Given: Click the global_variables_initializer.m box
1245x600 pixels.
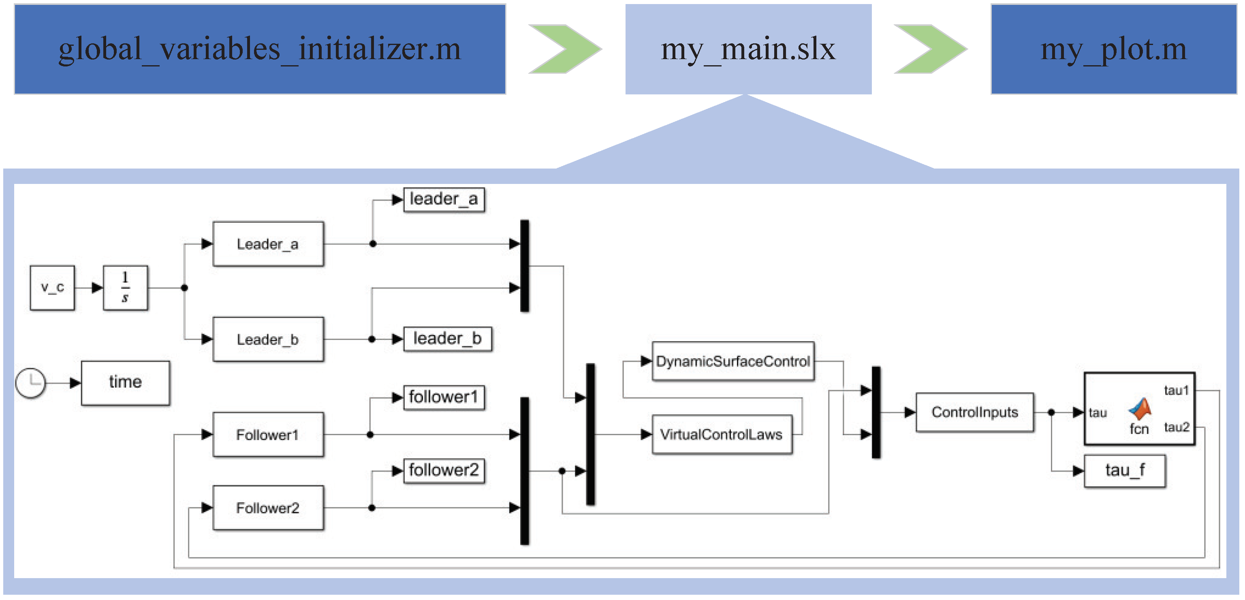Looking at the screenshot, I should tap(260, 49).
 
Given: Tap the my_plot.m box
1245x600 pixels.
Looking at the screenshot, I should tap(1113, 49).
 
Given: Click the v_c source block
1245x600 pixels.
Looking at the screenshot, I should tap(52, 288).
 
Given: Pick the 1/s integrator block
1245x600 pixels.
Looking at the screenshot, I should tap(125, 288).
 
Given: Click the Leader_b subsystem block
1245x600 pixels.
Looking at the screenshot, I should tap(268, 340).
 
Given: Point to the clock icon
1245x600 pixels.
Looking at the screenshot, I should tap(30, 383).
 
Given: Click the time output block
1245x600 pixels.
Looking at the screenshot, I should tap(125, 383).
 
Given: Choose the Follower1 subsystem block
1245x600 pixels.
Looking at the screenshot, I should tap(268, 435).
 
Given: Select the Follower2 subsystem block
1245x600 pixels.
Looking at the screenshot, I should tap(268, 508).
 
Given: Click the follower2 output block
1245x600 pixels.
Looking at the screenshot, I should tap(444, 470).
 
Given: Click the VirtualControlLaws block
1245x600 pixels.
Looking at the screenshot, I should tap(722, 435).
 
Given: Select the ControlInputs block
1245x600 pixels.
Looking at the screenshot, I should tap(974, 412).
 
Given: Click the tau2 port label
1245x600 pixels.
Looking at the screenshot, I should tap(1176, 427).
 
